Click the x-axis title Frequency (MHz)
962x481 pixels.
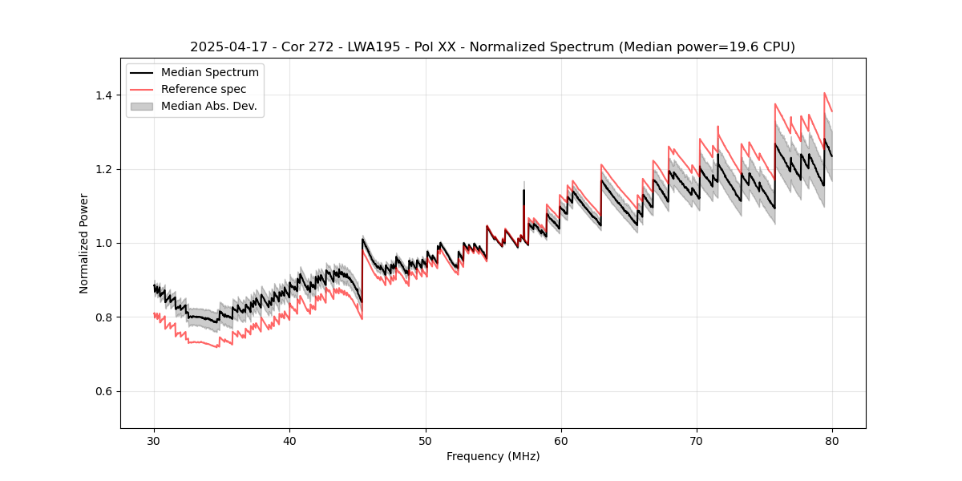pyautogui.click(x=493, y=456)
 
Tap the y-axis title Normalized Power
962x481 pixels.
pyautogui.click(x=84, y=243)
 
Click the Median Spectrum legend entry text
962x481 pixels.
pyautogui.click(x=210, y=73)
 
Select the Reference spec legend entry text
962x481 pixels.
pyautogui.click(x=204, y=89)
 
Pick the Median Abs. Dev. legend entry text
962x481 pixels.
pyautogui.click(x=209, y=106)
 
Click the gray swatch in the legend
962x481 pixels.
pyautogui.click(x=142, y=106)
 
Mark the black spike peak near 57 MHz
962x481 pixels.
pyautogui.click(x=523, y=190)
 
